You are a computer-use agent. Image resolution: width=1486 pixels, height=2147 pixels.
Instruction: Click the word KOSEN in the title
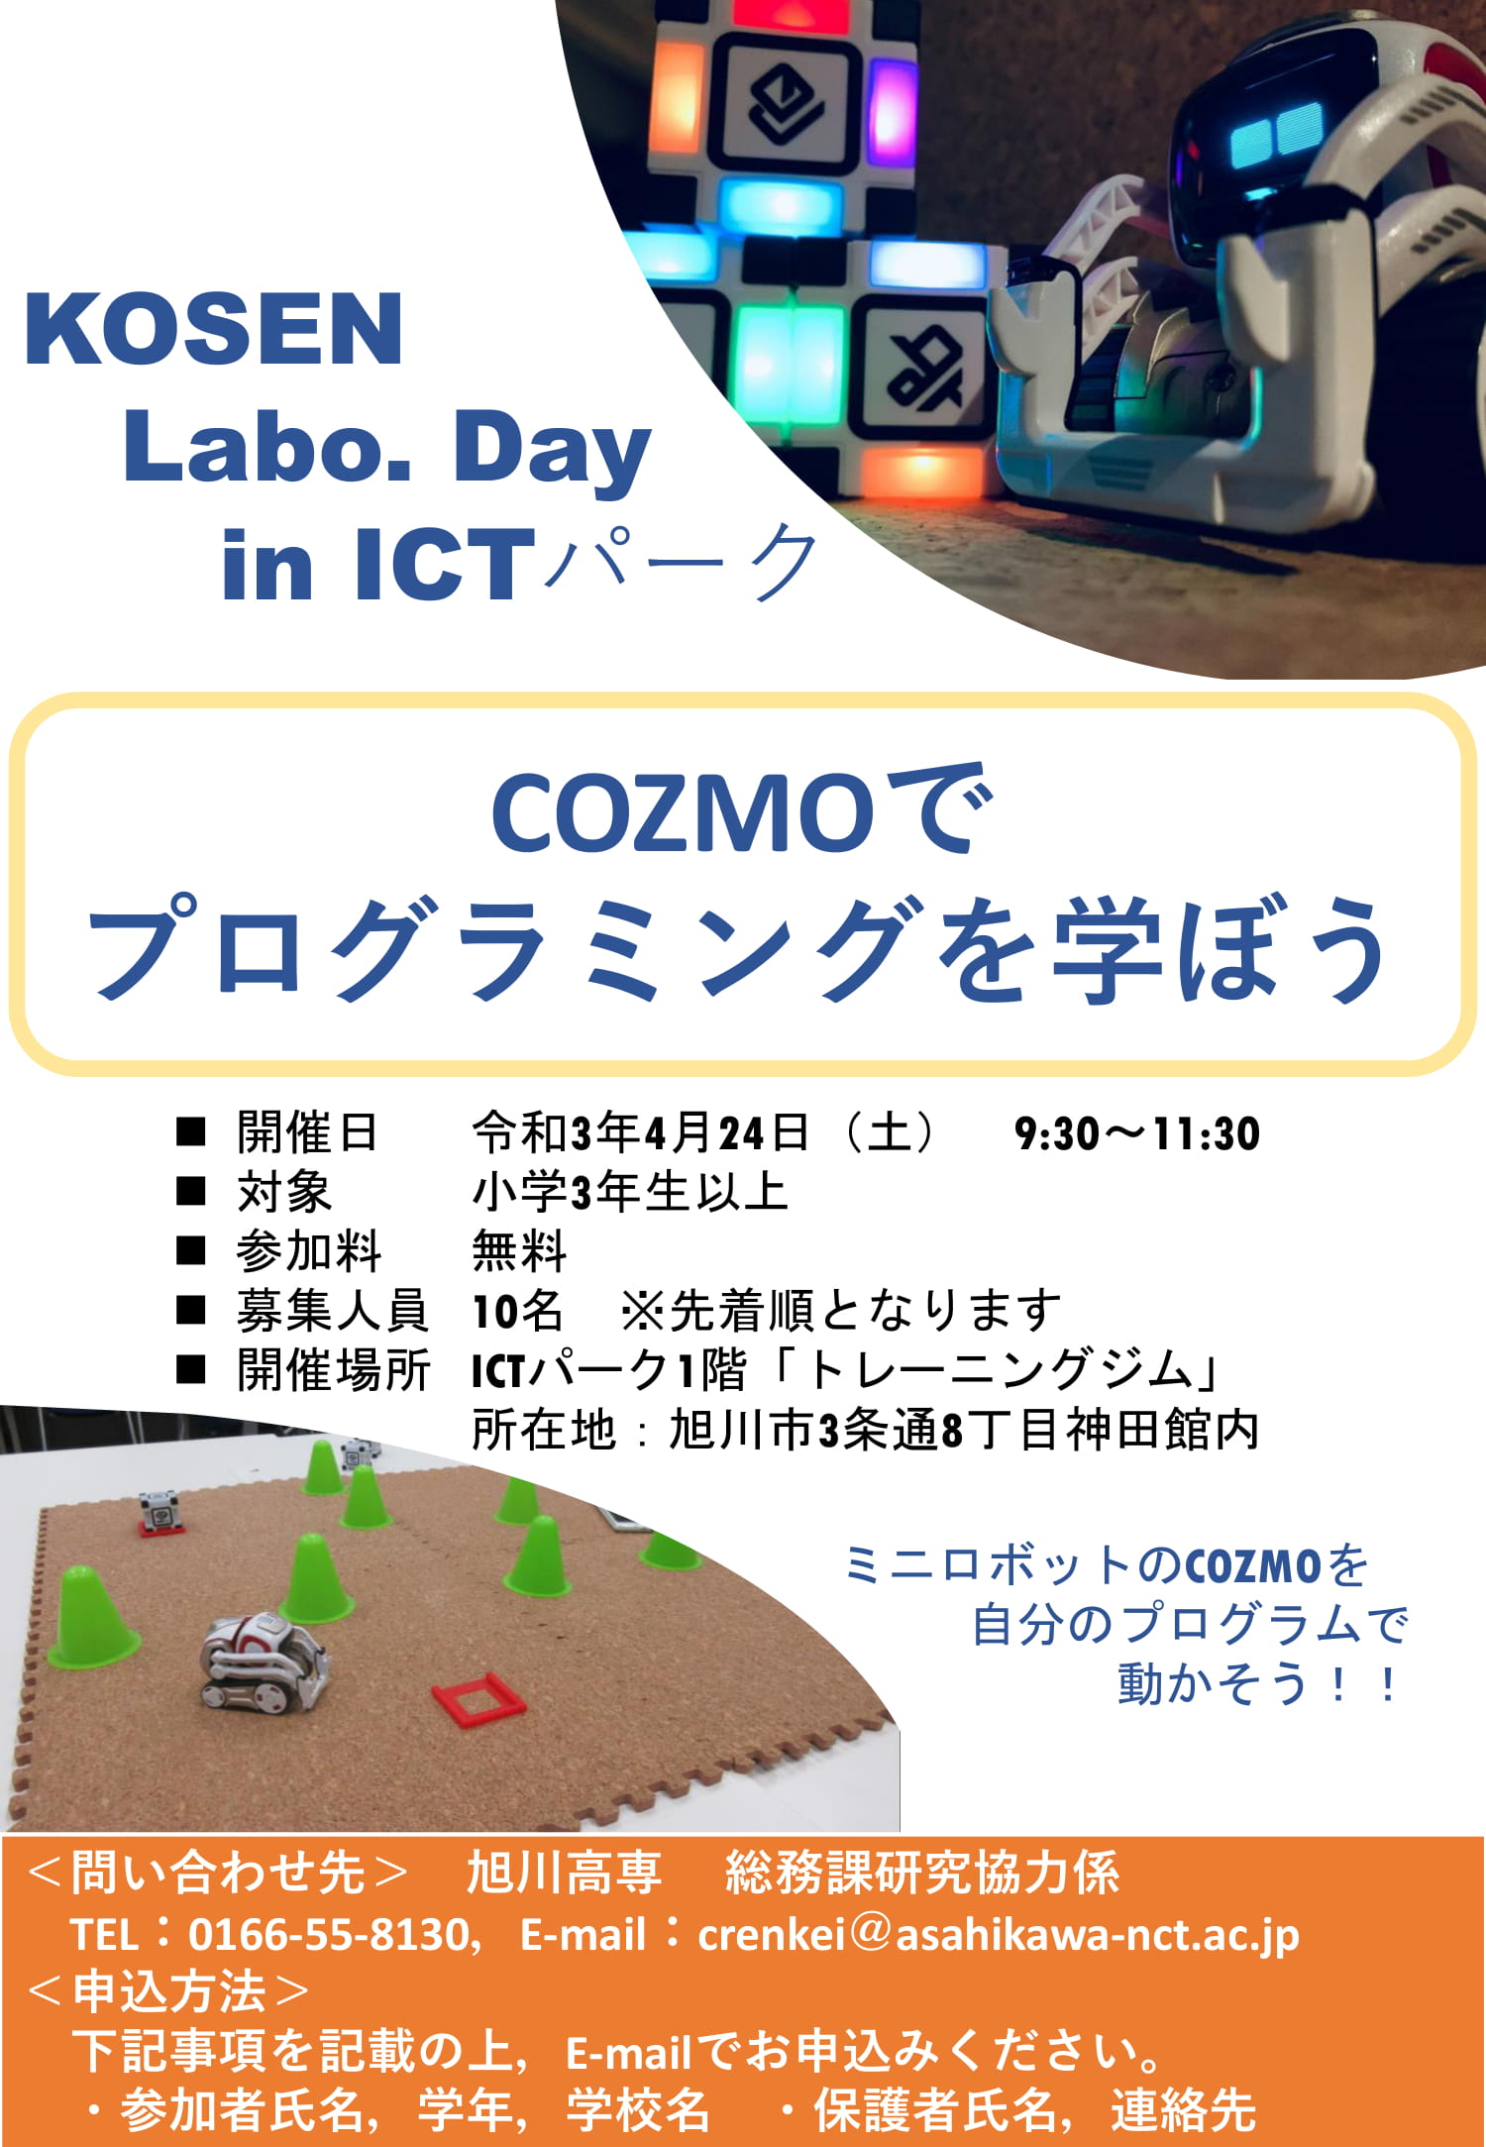click(213, 329)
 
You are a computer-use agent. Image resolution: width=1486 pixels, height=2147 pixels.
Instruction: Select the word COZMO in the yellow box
click(683, 813)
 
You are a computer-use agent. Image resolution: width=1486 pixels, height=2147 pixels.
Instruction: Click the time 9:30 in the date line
click(1057, 1133)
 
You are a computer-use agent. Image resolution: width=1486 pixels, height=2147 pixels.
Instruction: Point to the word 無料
click(519, 1250)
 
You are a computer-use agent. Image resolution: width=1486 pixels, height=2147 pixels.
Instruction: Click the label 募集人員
click(332, 1311)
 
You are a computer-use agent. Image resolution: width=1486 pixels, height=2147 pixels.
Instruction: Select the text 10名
click(517, 1311)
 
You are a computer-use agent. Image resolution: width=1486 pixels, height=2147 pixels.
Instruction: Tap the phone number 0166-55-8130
click(328, 1934)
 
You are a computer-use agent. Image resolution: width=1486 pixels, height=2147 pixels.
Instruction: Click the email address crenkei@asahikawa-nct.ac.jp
click(999, 1935)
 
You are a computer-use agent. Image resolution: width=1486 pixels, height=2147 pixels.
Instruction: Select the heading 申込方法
click(169, 1991)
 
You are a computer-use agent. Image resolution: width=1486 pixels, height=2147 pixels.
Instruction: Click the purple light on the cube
click(893, 100)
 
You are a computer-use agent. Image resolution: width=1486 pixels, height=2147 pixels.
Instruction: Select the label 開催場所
click(333, 1370)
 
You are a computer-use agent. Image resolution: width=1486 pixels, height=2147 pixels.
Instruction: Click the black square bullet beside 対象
click(190, 1191)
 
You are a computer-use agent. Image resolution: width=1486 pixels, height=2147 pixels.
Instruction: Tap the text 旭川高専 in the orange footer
click(564, 1873)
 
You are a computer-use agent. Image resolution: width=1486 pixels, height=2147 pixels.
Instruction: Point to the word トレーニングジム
click(1000, 1370)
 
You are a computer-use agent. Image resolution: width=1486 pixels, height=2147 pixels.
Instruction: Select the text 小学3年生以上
click(630, 1192)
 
